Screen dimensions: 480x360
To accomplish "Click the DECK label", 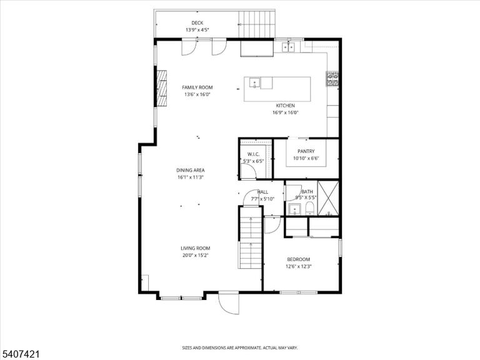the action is click(x=197, y=22).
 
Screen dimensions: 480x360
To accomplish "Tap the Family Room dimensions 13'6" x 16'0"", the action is click(x=197, y=94).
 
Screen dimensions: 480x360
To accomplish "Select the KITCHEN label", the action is click(x=285, y=106).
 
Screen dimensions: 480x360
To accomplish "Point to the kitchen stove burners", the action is click(x=332, y=79).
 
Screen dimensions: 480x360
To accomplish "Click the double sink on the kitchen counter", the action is click(x=288, y=47).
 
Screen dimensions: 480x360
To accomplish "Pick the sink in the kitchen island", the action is click(x=254, y=83).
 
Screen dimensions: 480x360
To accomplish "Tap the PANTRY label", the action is click(x=306, y=151).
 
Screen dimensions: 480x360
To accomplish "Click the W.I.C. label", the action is click(x=254, y=154).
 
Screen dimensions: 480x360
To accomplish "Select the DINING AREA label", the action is click(x=191, y=170).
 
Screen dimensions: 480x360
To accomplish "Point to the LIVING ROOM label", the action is click(x=195, y=248).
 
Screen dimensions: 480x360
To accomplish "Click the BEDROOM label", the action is click(x=299, y=259).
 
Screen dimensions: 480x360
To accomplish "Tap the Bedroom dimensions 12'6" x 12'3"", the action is click(x=299, y=266).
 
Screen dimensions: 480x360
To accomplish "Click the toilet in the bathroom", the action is click(x=311, y=209).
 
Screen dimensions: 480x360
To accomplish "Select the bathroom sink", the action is click(x=295, y=209).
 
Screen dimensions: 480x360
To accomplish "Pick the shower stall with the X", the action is click(x=328, y=197).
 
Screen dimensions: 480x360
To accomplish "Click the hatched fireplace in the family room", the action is click(x=162, y=88).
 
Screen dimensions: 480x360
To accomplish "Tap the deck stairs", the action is click(x=256, y=24).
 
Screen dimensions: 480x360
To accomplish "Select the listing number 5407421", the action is click(x=20, y=354).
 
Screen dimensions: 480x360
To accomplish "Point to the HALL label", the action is click(x=262, y=192).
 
